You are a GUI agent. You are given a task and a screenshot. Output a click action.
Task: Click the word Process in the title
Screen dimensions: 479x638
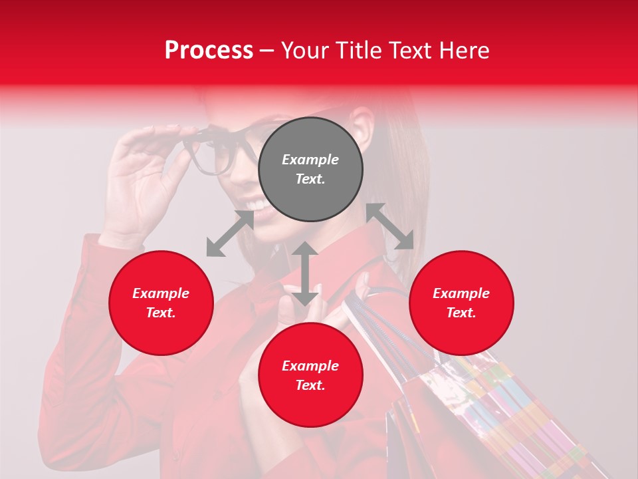pyautogui.click(x=209, y=51)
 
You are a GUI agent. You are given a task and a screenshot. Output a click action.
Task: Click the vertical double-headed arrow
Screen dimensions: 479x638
pyautogui.click(x=305, y=273)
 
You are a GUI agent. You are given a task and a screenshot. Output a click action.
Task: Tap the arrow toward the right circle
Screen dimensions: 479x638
pyautogui.click(x=389, y=226)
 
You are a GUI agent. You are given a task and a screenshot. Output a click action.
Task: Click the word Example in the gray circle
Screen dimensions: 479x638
pyautogui.click(x=310, y=160)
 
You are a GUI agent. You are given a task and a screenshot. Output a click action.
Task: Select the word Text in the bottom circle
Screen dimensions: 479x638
pyautogui.click(x=310, y=385)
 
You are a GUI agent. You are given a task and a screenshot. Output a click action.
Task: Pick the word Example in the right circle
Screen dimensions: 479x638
pyautogui.click(x=461, y=293)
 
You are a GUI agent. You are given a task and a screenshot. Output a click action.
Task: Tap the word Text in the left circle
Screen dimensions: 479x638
pyautogui.click(x=161, y=313)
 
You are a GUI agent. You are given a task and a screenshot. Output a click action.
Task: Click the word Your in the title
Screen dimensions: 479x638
pyautogui.click(x=304, y=51)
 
